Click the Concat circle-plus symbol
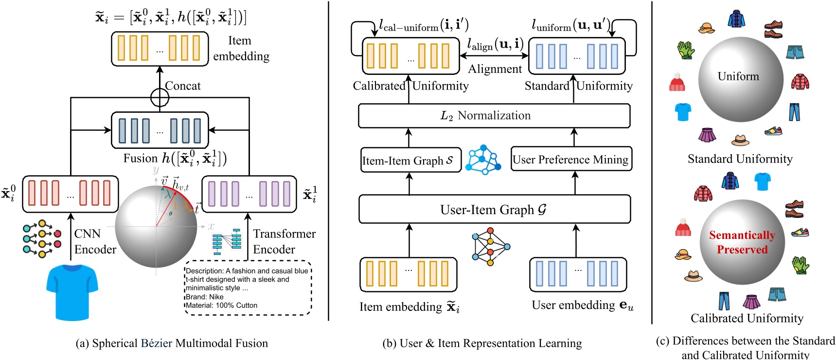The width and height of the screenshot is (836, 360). coord(160,97)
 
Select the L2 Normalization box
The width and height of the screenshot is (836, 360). coord(494,116)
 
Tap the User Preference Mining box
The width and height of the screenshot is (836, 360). coord(571,159)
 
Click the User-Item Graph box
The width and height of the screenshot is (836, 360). coord(494,210)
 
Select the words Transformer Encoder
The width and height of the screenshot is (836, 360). coord(284,241)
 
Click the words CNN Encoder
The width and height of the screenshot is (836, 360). coord(95,241)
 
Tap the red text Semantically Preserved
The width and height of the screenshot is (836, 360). coord(742,242)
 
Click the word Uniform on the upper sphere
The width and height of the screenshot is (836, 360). coord(738,76)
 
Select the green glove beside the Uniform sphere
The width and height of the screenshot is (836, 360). coord(686,50)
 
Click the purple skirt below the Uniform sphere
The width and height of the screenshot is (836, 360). coord(707,135)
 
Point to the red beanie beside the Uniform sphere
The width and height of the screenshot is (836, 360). coord(677,82)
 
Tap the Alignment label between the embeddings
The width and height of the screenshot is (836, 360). coord(495,69)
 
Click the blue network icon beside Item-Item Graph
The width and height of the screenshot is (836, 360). coord(482,160)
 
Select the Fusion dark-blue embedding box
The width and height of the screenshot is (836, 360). coord(160,130)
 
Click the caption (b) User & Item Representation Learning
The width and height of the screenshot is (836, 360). coord(482,343)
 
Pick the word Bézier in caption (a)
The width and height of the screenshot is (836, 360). coord(156,343)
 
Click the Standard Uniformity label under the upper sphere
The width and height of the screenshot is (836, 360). coord(740,159)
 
